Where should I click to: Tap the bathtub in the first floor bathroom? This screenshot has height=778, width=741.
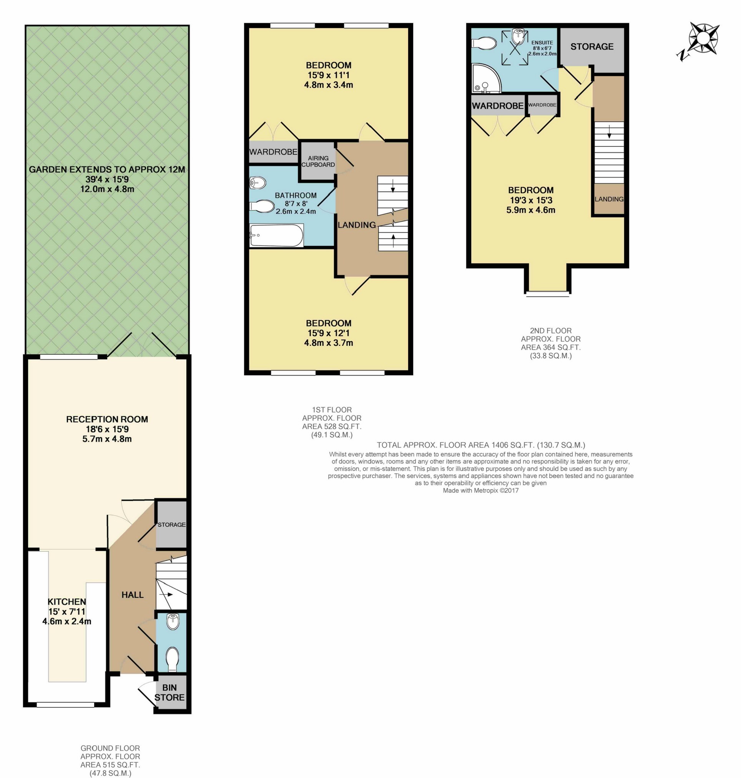[276, 236]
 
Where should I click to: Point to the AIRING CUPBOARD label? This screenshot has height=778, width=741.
[318, 161]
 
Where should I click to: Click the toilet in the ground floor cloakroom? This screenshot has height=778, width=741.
[173, 659]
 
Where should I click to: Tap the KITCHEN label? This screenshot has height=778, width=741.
[67, 602]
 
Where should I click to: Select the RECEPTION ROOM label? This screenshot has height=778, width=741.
[107, 419]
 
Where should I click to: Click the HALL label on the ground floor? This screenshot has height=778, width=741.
[133, 595]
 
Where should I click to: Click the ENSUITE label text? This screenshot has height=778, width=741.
[542, 43]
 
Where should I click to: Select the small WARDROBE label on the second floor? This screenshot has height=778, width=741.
[542, 105]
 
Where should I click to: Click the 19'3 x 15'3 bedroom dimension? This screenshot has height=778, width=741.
[531, 200]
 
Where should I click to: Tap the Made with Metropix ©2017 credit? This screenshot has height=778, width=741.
[481, 491]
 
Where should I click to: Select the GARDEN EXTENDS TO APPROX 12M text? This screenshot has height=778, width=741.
[107, 169]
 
